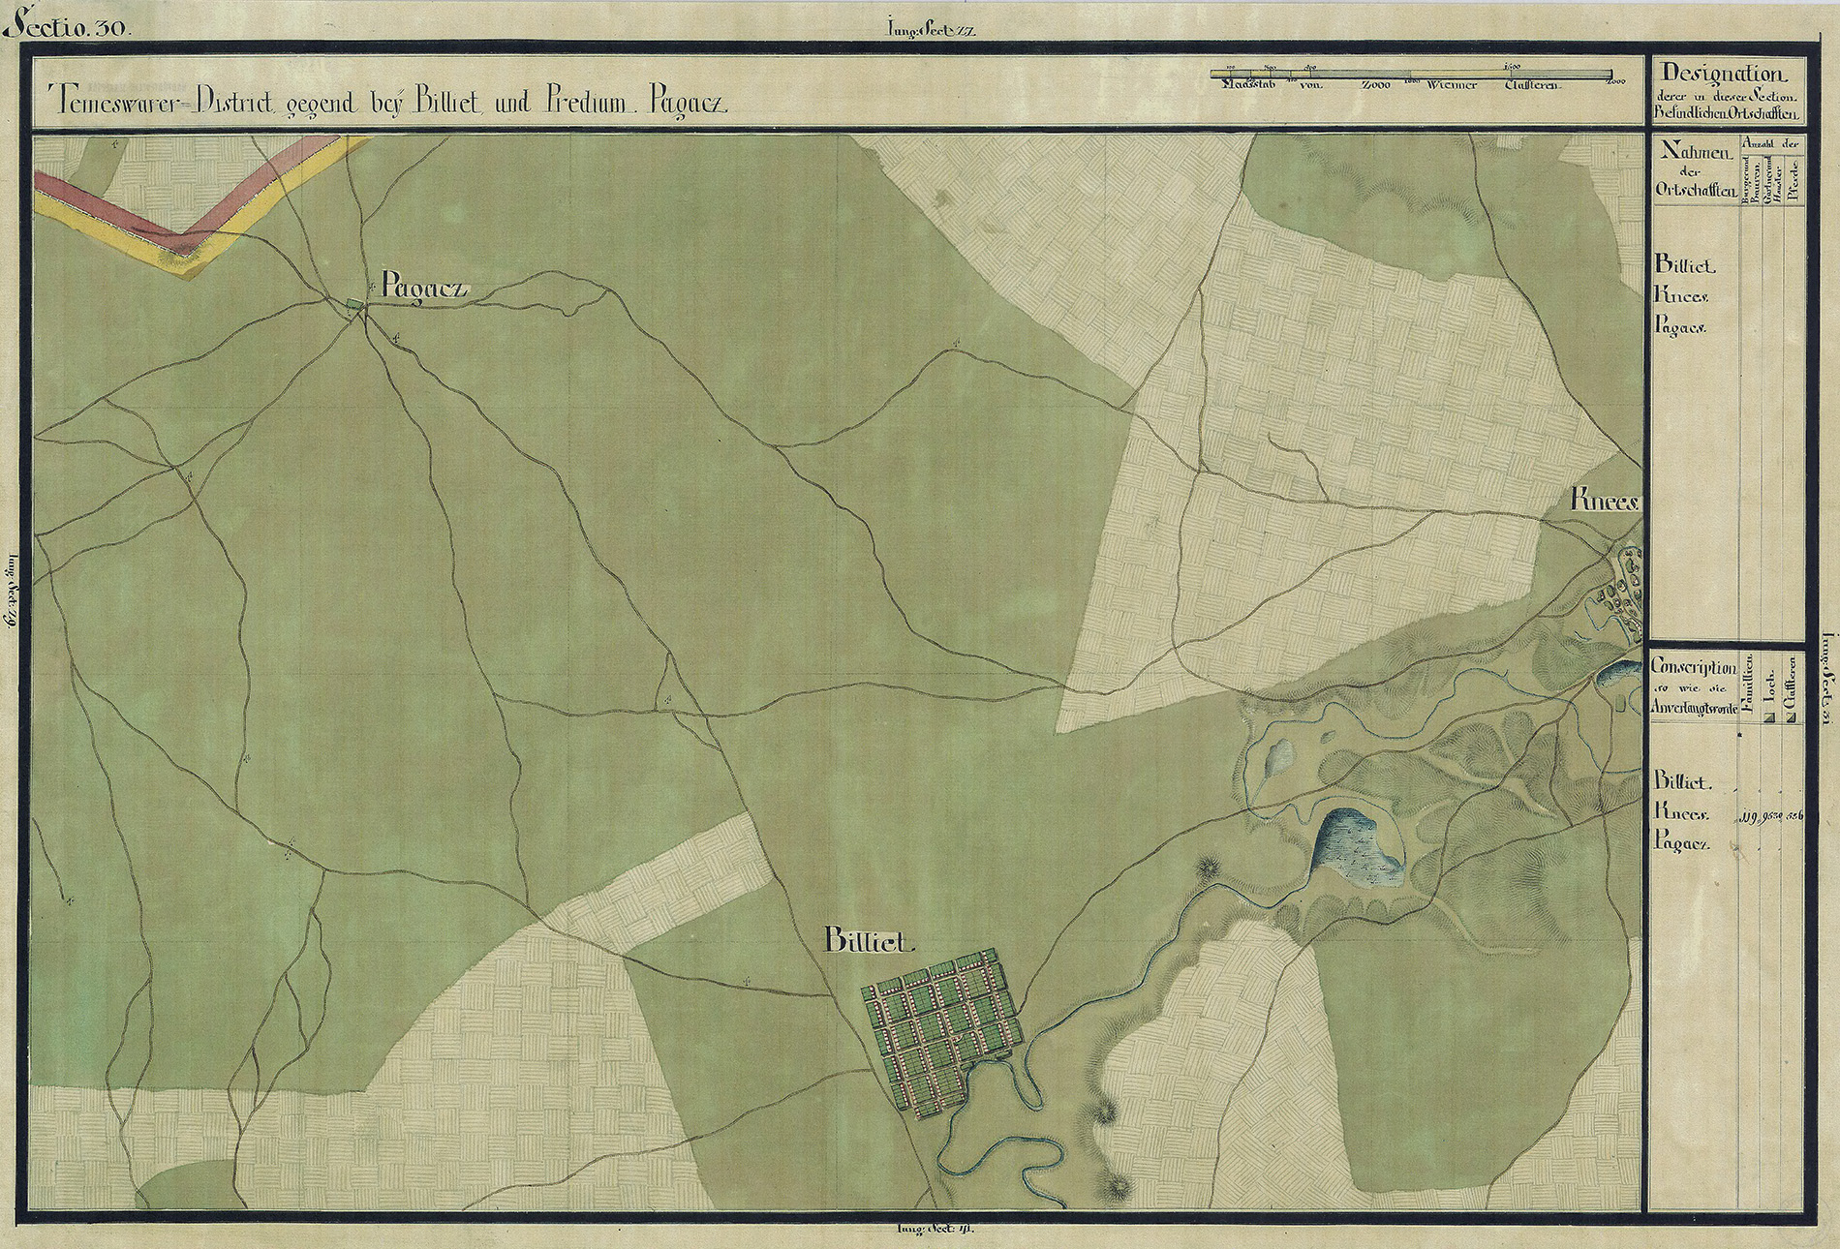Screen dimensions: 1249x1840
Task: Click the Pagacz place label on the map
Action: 425,287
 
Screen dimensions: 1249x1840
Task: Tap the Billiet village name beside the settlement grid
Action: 869,940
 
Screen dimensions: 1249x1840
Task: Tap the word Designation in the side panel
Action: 1721,74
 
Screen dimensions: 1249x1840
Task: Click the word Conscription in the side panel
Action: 1694,667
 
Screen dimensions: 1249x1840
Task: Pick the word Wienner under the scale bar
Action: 1450,85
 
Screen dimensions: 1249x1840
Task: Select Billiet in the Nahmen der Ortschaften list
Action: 1685,264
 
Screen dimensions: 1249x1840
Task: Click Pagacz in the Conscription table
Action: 1682,844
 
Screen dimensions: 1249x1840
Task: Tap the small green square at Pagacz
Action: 354,307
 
